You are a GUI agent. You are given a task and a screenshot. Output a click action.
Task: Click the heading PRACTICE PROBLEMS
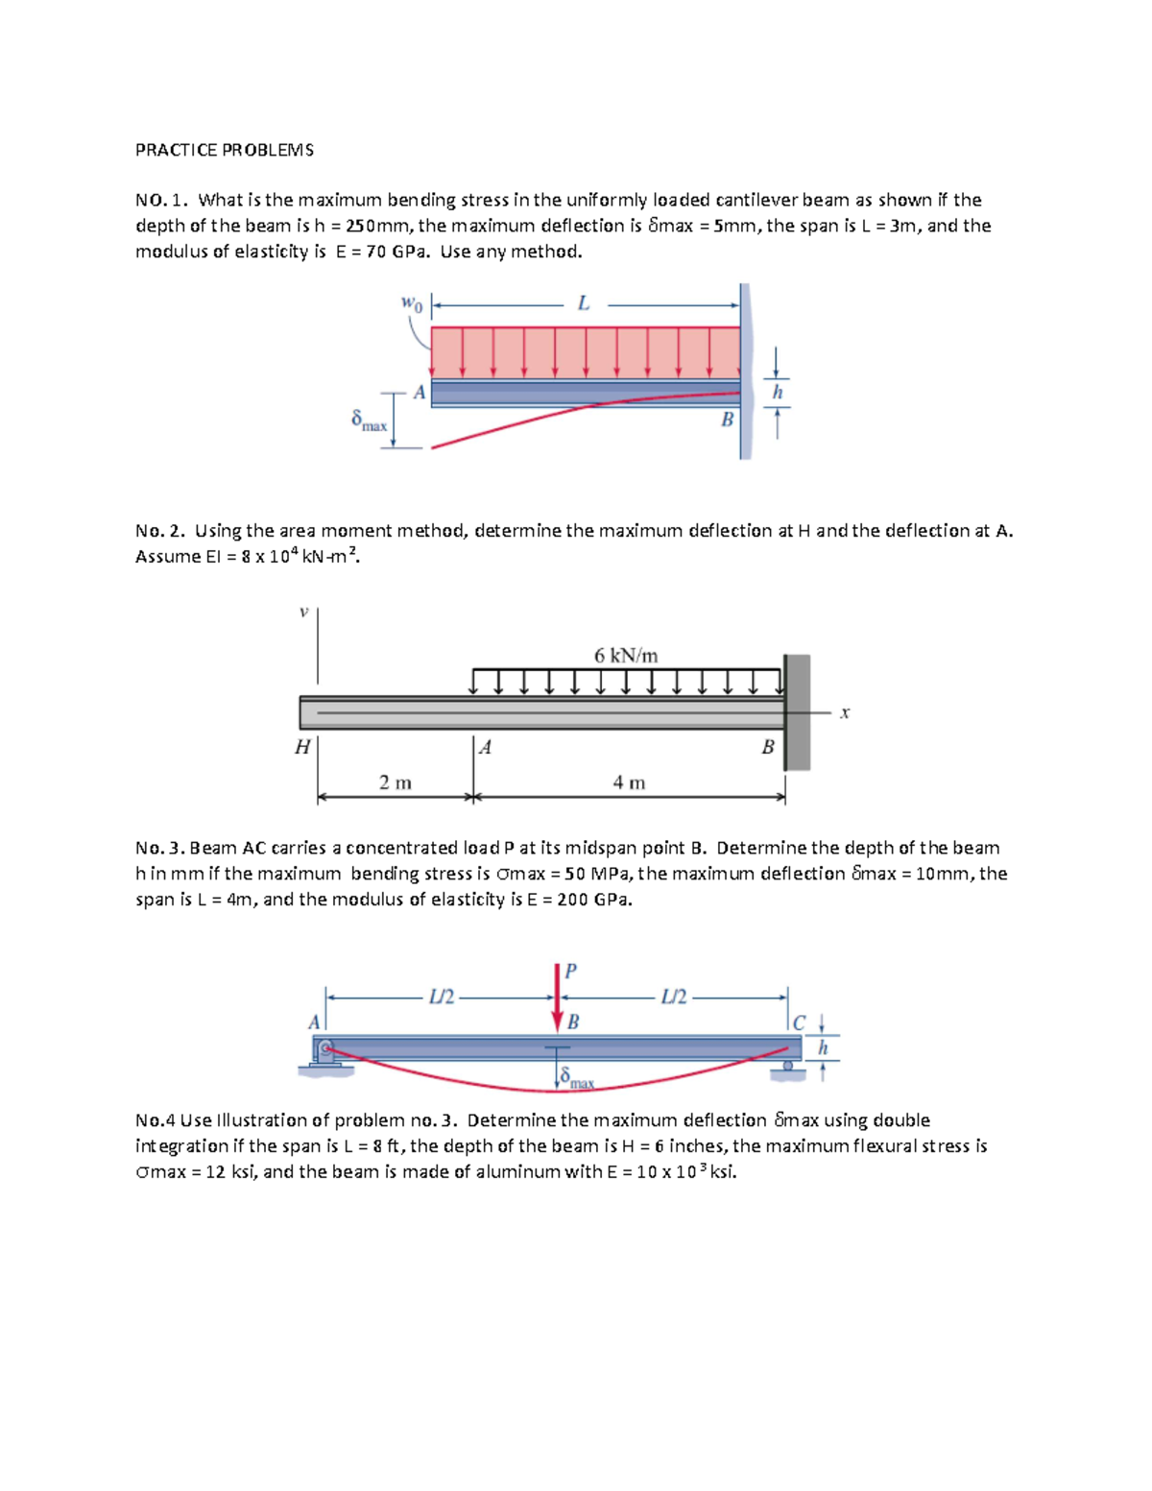click(x=224, y=150)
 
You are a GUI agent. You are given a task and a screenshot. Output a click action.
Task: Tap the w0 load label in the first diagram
click(x=410, y=303)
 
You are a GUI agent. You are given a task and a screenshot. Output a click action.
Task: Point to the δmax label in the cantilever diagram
click(x=369, y=421)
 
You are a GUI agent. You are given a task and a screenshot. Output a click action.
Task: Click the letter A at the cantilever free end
click(x=419, y=392)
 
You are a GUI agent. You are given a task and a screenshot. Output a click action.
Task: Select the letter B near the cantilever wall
click(x=727, y=420)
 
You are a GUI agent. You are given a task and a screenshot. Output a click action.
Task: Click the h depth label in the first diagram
click(x=778, y=392)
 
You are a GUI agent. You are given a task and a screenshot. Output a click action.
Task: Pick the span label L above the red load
click(x=584, y=303)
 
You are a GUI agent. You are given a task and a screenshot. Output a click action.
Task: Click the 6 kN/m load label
click(x=626, y=656)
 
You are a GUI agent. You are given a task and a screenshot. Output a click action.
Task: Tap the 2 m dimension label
click(x=395, y=782)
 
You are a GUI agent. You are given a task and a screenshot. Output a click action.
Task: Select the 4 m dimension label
click(x=629, y=782)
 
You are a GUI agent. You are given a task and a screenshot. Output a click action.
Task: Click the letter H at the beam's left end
click(x=302, y=747)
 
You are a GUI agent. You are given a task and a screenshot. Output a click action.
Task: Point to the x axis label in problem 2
click(x=845, y=712)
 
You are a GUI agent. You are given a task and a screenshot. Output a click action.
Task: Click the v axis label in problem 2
click(x=303, y=612)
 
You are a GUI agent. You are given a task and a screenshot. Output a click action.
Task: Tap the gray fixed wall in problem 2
click(x=798, y=711)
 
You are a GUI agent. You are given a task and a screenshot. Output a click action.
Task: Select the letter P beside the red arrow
click(x=570, y=971)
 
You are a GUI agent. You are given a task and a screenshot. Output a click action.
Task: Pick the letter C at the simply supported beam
click(x=799, y=1023)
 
